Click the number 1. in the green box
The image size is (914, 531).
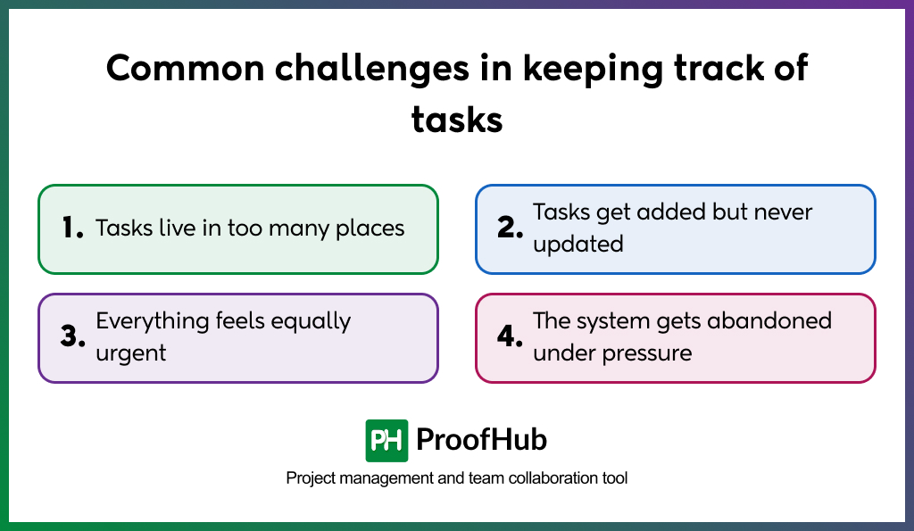72,228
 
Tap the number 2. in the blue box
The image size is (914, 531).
510,228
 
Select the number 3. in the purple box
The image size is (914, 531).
72,337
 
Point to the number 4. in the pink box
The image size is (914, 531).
510,337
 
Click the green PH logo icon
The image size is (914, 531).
386,440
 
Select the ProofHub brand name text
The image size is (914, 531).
482,440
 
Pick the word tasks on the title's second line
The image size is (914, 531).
457,119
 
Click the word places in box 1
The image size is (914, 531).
370,228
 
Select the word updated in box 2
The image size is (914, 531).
577,244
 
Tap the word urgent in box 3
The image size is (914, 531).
131,353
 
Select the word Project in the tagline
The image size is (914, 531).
311,478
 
